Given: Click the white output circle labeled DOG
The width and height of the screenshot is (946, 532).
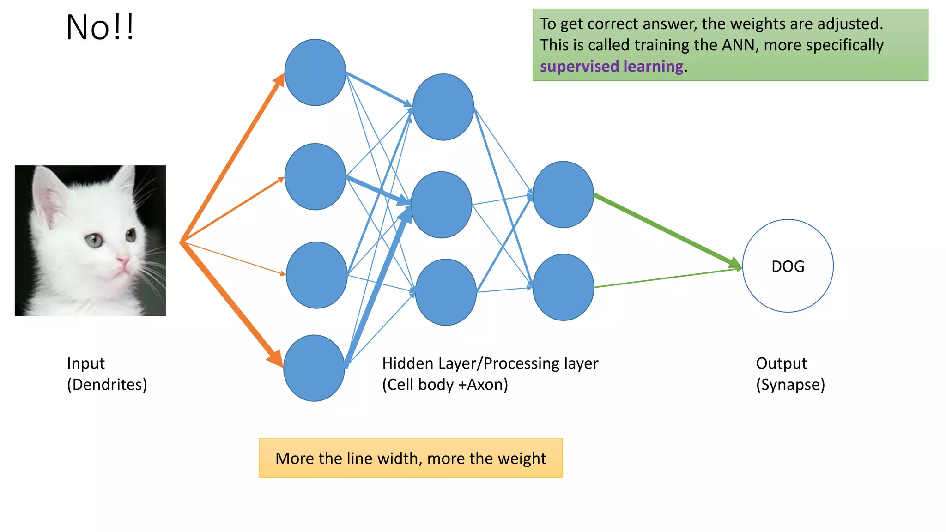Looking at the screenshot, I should click(x=788, y=266).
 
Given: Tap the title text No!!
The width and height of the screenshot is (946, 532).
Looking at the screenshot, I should click(x=100, y=28).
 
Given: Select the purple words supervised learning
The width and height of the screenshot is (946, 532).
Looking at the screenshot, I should click(x=611, y=66).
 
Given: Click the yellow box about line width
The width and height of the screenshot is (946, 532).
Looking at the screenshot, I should click(x=410, y=458).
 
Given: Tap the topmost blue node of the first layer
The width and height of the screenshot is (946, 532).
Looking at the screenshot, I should click(x=315, y=73).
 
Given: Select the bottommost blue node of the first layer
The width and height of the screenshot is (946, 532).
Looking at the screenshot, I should click(x=314, y=368).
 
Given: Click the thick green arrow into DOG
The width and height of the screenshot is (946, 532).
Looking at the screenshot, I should click(x=665, y=230).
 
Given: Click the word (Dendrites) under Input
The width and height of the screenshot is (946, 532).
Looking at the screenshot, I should click(x=107, y=385).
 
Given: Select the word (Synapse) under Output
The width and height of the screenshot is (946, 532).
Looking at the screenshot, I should click(x=790, y=385).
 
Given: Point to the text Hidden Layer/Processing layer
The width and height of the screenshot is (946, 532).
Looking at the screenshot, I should click(x=490, y=363).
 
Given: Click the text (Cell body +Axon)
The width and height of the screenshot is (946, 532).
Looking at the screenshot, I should click(x=445, y=385).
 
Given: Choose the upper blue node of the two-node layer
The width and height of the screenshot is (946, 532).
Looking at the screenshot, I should click(x=563, y=194).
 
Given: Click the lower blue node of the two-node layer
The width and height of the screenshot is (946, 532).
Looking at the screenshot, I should click(x=563, y=287).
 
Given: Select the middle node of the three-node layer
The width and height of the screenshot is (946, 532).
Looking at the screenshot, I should click(x=441, y=205).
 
